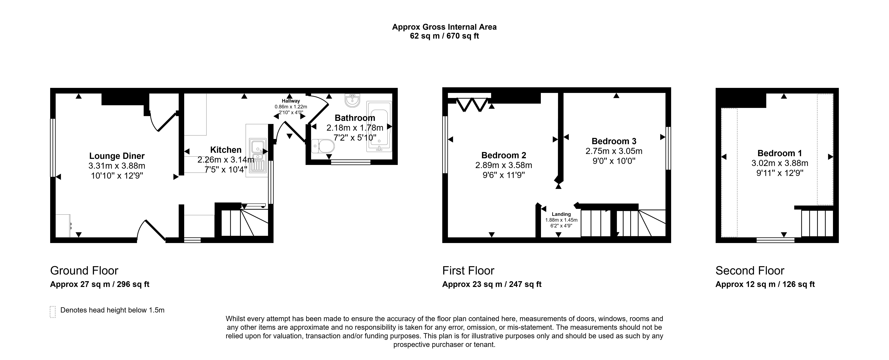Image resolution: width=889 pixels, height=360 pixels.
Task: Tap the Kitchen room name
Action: (x=226, y=150)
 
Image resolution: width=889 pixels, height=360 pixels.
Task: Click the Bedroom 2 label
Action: (x=504, y=155)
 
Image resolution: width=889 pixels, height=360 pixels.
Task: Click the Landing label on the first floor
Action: (x=561, y=214)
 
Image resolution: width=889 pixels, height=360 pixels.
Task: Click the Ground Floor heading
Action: (x=84, y=271)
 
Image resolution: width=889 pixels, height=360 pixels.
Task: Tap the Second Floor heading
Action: (x=750, y=271)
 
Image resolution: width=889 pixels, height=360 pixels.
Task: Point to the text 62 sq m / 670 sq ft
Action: (x=444, y=36)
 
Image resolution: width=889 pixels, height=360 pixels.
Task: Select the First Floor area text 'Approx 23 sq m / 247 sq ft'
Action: (x=492, y=284)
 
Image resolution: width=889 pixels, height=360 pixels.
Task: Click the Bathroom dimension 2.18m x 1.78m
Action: (x=355, y=128)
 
